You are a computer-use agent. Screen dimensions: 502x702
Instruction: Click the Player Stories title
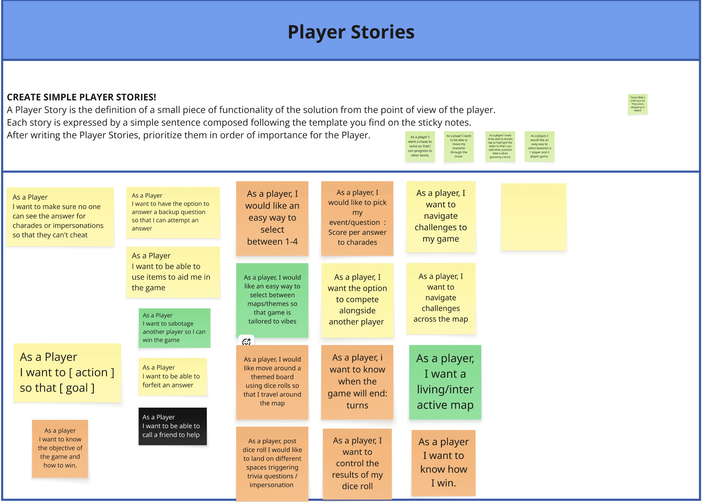pos(351,32)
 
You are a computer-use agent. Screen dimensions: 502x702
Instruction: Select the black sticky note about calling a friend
pos(172,426)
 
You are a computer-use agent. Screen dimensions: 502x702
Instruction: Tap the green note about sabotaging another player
pos(174,327)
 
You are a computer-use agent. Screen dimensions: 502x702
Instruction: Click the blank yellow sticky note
pos(533,216)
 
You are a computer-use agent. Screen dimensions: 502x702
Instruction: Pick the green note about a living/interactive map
pos(445,382)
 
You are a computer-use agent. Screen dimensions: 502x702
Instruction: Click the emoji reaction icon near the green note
pos(246,341)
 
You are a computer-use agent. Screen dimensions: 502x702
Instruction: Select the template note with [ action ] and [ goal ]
pos(67,372)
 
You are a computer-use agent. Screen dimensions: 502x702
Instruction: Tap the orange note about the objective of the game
pos(60,448)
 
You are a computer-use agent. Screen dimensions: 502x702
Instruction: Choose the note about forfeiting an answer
pos(172,376)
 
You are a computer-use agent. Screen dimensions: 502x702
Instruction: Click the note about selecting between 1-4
pos(272,218)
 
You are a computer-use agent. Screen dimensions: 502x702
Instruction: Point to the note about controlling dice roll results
pos(357,463)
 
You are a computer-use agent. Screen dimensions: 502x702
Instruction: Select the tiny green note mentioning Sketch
pos(637,104)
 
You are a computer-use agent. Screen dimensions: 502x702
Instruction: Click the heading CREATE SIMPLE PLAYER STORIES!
pos(81,97)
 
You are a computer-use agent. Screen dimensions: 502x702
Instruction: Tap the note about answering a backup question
pos(173,212)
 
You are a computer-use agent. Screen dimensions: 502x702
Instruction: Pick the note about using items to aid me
pos(173,272)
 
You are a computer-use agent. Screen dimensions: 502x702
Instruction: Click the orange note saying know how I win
pos(443,462)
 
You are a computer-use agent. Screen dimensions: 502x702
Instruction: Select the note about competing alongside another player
pos(357,300)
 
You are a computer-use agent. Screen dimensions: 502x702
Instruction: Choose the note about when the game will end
pos(357,382)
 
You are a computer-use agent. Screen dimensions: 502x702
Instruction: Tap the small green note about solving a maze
pos(420,146)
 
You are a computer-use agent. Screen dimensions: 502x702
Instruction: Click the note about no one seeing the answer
pos(60,216)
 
